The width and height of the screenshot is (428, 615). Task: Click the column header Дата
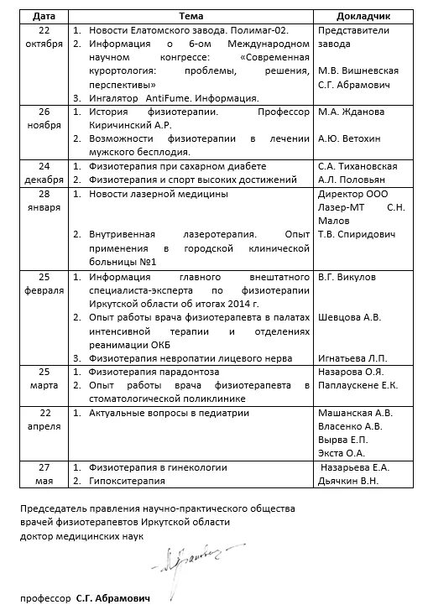[x=41, y=16]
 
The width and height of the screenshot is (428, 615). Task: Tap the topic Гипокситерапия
[x=129, y=481]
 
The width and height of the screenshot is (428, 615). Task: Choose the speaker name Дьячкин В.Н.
[x=349, y=481]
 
